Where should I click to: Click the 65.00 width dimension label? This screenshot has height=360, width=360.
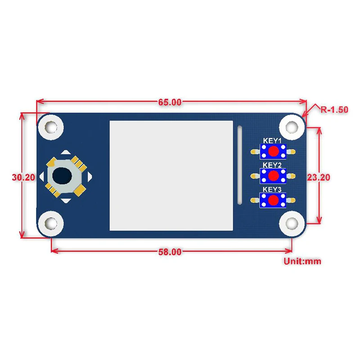[x=170, y=102]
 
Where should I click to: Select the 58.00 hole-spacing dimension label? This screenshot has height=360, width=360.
[x=170, y=252]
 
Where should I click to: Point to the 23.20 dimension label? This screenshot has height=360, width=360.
[x=319, y=177]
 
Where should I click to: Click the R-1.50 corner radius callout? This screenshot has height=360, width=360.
[x=334, y=109]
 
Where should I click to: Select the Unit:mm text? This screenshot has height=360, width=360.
[x=302, y=261]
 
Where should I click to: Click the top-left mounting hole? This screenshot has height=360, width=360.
[x=50, y=126]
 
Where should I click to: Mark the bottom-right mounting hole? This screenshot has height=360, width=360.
[x=290, y=222]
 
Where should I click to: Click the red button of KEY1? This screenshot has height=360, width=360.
[x=273, y=152]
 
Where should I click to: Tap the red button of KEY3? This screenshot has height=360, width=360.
[x=273, y=200]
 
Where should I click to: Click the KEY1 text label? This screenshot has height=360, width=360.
[x=272, y=141]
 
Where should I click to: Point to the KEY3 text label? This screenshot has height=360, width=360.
[x=272, y=189]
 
